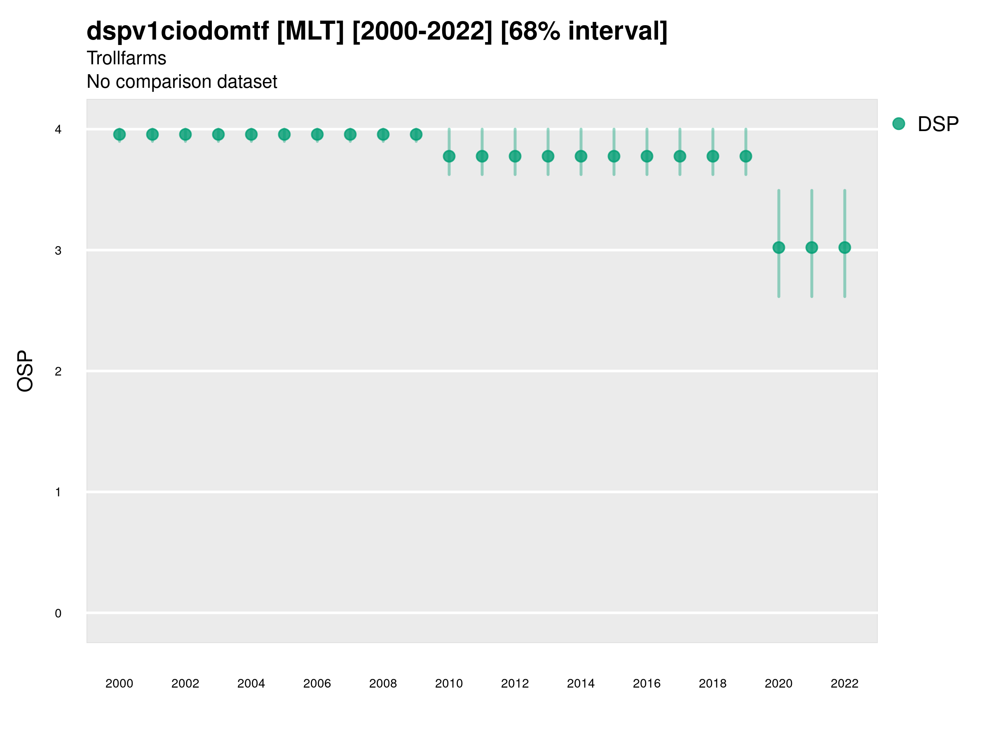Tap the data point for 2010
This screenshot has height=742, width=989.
(449, 156)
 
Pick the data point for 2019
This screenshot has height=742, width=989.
(746, 156)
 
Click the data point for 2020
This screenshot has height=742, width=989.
(778, 247)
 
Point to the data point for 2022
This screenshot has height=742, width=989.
(845, 247)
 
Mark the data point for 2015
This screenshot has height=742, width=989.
(614, 156)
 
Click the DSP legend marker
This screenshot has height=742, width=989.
(899, 124)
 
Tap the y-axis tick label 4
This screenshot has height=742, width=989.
(58, 130)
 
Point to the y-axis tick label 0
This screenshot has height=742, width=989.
(58, 613)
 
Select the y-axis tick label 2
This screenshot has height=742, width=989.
(58, 371)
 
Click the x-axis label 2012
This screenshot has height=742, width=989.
(515, 683)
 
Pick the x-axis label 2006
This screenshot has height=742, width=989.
(317, 683)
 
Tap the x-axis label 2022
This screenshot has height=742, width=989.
(845, 683)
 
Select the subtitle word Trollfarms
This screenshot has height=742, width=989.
(127, 58)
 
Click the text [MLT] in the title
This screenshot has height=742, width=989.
(310, 31)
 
